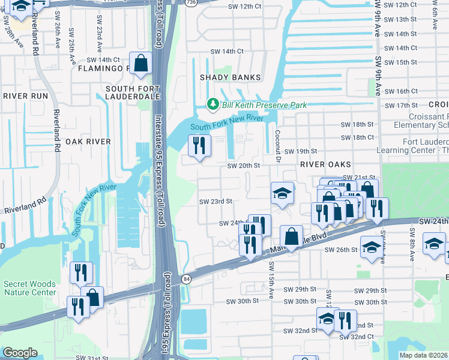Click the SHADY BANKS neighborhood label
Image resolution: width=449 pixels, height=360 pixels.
coord(231,77)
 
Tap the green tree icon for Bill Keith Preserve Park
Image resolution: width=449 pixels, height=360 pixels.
coord(212,104)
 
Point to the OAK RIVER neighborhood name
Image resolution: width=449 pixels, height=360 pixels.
coord(88,142)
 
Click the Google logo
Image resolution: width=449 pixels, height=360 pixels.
coord(20,352)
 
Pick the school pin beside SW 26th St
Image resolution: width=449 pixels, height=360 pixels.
coord(372,249)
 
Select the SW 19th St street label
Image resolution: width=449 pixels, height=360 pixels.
coord(300,152)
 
